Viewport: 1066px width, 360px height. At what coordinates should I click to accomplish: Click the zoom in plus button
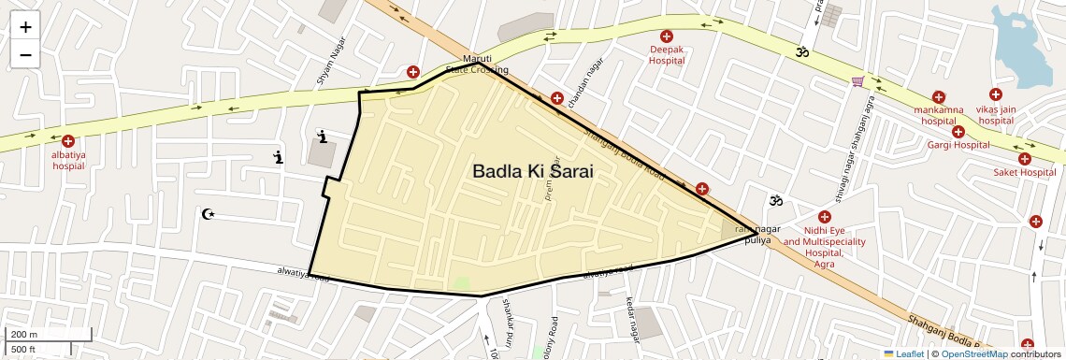coord(25,27)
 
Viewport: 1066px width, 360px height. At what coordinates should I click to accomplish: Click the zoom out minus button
coord(25,54)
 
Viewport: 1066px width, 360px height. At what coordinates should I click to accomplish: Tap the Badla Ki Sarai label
coord(533,172)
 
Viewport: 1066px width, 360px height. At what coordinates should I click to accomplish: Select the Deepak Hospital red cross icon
coord(667,36)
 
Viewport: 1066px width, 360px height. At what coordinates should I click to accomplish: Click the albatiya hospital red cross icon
coord(68,141)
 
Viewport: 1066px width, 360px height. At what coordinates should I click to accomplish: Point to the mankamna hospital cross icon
coord(938,96)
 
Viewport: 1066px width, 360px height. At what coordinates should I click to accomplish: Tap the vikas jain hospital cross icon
coord(995,95)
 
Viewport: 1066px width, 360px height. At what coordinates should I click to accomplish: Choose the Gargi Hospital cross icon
coord(958,132)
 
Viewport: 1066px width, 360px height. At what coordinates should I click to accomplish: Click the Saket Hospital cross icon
coord(1024,159)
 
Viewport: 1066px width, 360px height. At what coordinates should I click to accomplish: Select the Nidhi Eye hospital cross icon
coord(824,217)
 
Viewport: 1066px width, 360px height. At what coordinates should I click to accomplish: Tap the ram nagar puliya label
coord(756,235)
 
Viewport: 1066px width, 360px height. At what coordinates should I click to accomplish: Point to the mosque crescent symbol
coord(209,214)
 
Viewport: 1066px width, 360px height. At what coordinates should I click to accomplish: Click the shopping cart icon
coord(857,82)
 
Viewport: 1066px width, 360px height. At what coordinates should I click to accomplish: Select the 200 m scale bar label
coord(23,334)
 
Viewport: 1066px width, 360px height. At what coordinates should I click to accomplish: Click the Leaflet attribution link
coord(904,353)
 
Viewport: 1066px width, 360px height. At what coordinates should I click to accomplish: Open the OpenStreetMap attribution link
coord(973,353)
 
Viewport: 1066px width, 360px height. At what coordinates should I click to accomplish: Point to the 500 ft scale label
coord(23,349)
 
